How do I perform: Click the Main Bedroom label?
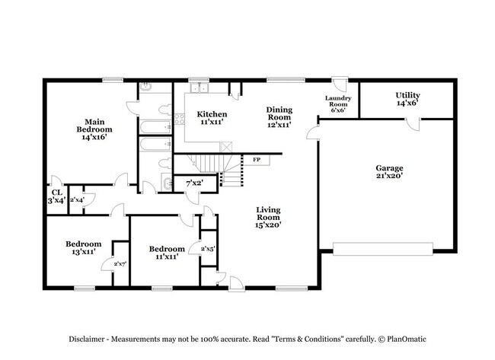coord(94,129)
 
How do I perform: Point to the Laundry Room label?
coord(337,104)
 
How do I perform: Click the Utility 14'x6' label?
coord(407,100)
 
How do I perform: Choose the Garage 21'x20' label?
coord(388,172)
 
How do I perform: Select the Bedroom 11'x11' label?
coord(165,252)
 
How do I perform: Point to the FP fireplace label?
coord(257,160)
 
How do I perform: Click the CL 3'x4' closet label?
coord(56,196)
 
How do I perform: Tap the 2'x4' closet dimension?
coord(76,199)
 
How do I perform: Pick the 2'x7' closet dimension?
coord(120,263)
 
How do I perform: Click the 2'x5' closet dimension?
coord(207,248)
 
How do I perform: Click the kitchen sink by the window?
coord(200,88)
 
